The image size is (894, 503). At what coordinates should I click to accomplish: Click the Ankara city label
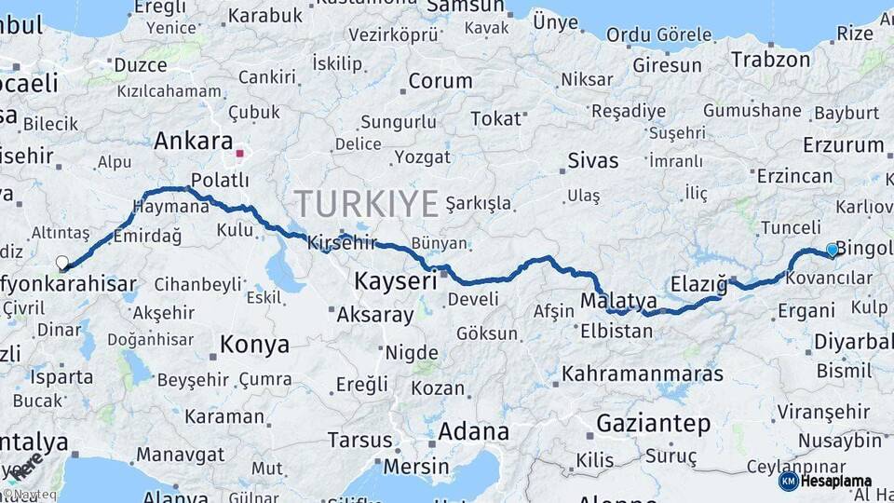193,142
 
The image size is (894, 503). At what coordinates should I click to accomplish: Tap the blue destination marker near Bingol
832,250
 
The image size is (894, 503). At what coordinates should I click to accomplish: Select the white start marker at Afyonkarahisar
62,263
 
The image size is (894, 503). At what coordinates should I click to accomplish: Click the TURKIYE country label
367,202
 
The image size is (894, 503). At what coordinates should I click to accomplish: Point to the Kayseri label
396,280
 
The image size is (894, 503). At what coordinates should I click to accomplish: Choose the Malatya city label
618,302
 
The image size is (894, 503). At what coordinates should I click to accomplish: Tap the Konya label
254,345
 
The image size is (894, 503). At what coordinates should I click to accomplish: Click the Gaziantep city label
653,423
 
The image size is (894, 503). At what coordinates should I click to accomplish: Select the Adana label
473,431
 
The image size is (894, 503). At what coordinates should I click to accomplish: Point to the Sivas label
593,160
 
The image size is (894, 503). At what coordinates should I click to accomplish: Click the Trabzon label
770,60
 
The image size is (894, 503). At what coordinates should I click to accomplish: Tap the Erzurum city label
842,144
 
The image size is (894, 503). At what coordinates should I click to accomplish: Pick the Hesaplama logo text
835,481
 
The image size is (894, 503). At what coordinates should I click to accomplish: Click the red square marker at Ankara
240,153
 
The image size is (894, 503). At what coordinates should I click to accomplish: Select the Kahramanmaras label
643,374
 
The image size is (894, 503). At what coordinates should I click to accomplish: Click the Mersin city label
416,466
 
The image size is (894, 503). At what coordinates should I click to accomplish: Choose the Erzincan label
794,176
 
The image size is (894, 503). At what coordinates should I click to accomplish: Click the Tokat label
496,118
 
